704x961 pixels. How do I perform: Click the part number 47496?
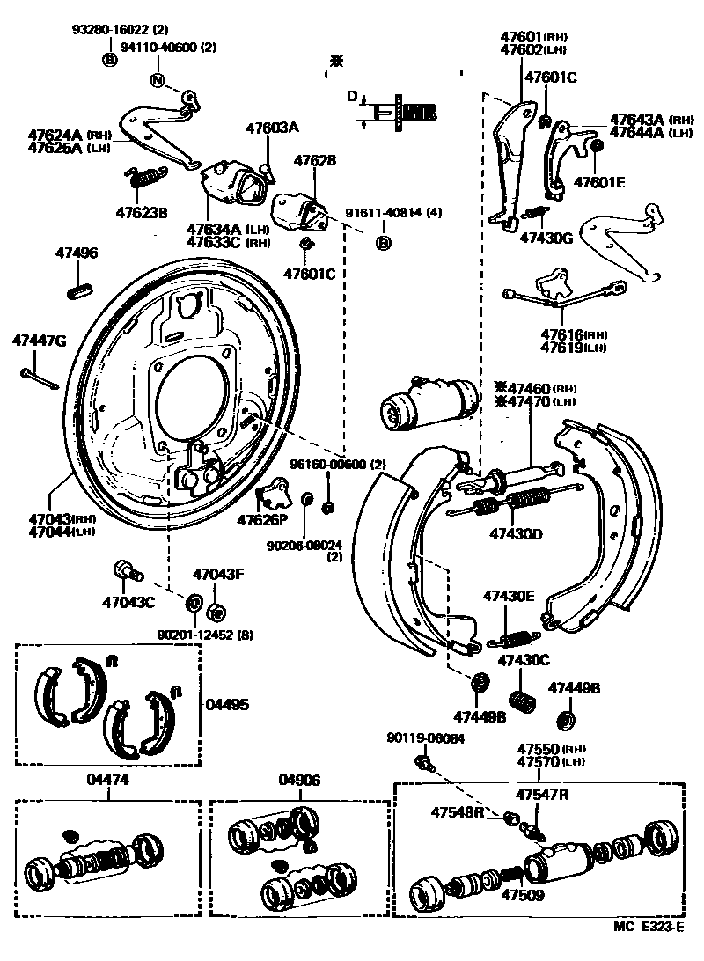(x=78, y=253)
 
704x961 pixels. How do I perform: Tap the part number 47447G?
(x=38, y=341)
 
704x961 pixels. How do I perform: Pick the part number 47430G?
(x=546, y=238)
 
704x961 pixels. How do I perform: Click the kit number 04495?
(x=227, y=704)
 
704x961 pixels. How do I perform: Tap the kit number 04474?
(x=107, y=780)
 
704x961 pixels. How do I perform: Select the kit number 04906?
(x=300, y=780)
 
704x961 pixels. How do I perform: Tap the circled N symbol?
(x=158, y=82)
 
